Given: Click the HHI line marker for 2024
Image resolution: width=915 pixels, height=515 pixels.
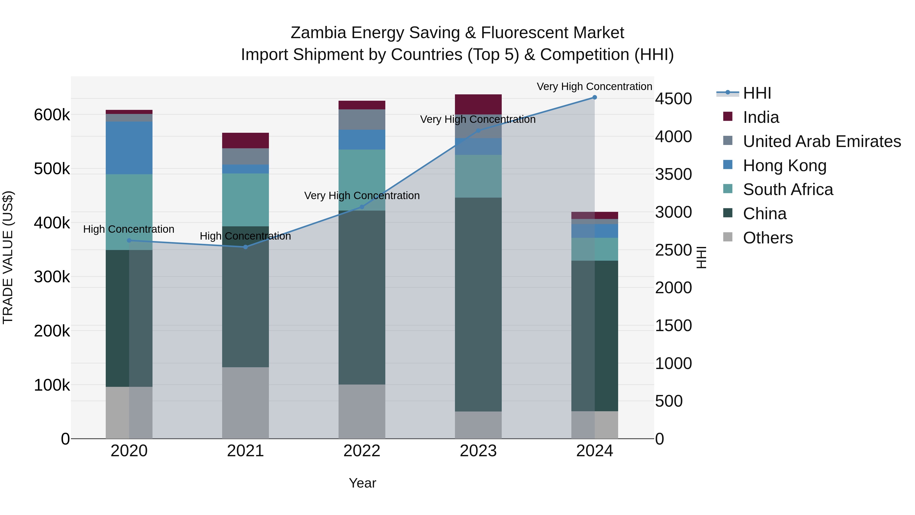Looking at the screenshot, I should (x=594, y=97).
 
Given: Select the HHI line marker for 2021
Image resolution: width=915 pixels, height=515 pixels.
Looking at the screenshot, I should (x=246, y=247).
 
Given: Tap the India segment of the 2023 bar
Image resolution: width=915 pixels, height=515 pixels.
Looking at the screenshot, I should (x=478, y=104).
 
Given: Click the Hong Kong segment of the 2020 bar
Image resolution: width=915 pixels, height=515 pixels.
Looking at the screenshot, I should (x=129, y=148).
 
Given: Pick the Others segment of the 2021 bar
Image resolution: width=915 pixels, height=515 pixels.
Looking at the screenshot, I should (x=246, y=403).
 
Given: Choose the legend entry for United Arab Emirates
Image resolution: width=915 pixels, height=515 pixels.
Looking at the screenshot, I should (x=821, y=141).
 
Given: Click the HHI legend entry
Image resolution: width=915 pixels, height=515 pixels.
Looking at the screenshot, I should (x=757, y=93).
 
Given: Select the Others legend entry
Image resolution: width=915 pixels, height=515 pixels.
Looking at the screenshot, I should (x=768, y=238).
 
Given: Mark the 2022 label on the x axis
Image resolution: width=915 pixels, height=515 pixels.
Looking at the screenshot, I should (x=362, y=451).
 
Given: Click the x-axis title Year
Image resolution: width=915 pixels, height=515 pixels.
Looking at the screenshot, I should (x=362, y=483).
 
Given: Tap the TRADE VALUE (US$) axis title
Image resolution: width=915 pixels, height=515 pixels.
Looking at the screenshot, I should (x=8, y=257).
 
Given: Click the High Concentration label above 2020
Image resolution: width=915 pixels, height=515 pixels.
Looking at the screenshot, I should (x=129, y=229).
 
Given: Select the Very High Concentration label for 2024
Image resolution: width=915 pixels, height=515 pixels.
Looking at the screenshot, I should (x=594, y=86).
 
